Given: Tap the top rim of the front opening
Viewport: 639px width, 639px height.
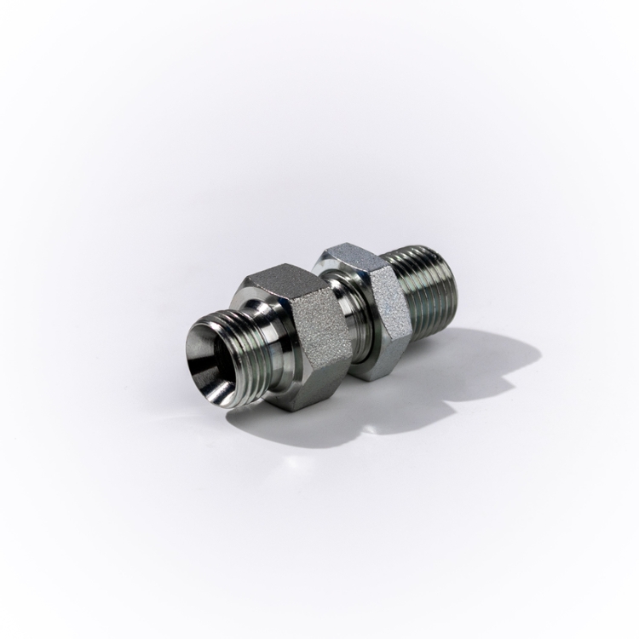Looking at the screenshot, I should pos(205,316).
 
